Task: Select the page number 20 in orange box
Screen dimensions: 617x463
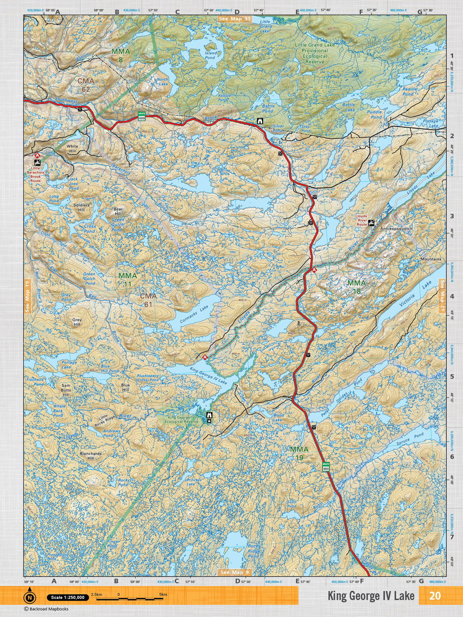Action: pos(435,596)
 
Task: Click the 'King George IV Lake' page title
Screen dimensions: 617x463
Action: pos(371,596)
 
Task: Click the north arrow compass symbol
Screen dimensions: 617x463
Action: pos(29,596)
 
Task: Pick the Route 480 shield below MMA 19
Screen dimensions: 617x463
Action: pos(326,467)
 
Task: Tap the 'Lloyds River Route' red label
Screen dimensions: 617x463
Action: pos(362,220)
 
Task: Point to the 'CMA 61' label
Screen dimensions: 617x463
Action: pos(149,300)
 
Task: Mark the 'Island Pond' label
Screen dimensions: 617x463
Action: pos(211,55)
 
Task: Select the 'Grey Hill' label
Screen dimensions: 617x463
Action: pos(77,322)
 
